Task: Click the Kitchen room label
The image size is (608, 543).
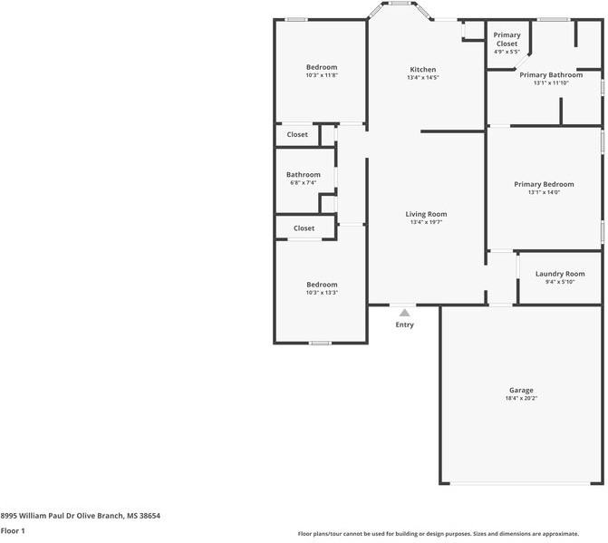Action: coord(423,70)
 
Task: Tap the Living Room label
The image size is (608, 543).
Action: coord(428,214)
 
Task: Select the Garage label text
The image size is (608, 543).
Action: coord(521,390)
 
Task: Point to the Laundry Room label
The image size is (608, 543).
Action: coord(559,274)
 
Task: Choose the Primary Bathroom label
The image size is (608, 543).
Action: coord(550,75)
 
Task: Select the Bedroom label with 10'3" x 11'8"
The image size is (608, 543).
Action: coord(321,67)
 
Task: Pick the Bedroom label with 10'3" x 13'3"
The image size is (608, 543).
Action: coord(321,285)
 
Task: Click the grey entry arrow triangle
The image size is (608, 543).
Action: coord(404,313)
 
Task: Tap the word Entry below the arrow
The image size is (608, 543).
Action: coord(404,325)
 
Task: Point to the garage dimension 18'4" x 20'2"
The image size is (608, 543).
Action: coord(521,398)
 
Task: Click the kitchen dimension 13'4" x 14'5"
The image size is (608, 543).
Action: coord(423,78)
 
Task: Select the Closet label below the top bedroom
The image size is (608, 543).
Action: coord(297,134)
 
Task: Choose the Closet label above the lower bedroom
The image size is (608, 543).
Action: coord(304,228)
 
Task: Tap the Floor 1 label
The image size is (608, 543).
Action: coord(13,530)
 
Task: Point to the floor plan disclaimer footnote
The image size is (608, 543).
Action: coord(450,534)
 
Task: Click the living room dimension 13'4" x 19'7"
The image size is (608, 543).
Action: coord(428,222)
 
